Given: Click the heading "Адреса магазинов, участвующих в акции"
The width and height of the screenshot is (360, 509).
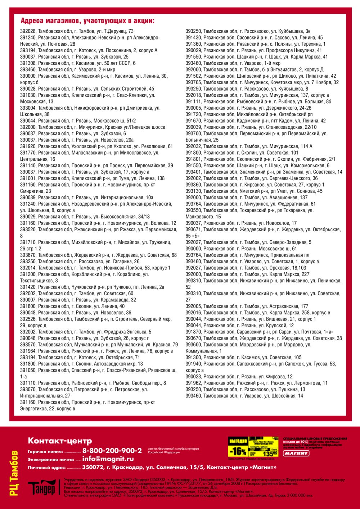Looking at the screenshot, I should point(87,21).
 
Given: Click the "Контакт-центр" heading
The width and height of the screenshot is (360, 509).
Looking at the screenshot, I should point(60,441).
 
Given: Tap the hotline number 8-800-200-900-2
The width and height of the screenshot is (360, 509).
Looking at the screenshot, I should point(112,451).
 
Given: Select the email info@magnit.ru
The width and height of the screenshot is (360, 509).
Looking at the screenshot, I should point(108,459).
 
